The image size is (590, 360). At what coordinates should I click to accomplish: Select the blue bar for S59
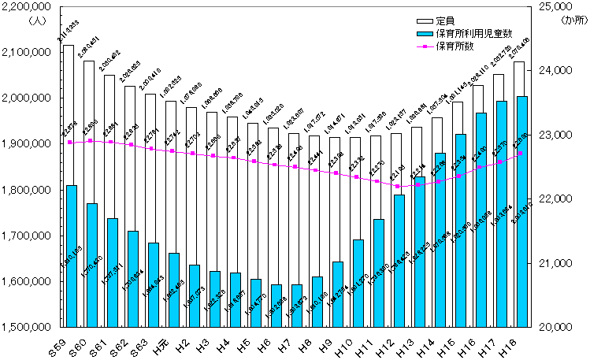[71, 256]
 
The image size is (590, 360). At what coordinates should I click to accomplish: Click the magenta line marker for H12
[398, 187]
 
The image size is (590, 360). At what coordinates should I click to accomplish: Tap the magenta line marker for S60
[91, 140]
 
